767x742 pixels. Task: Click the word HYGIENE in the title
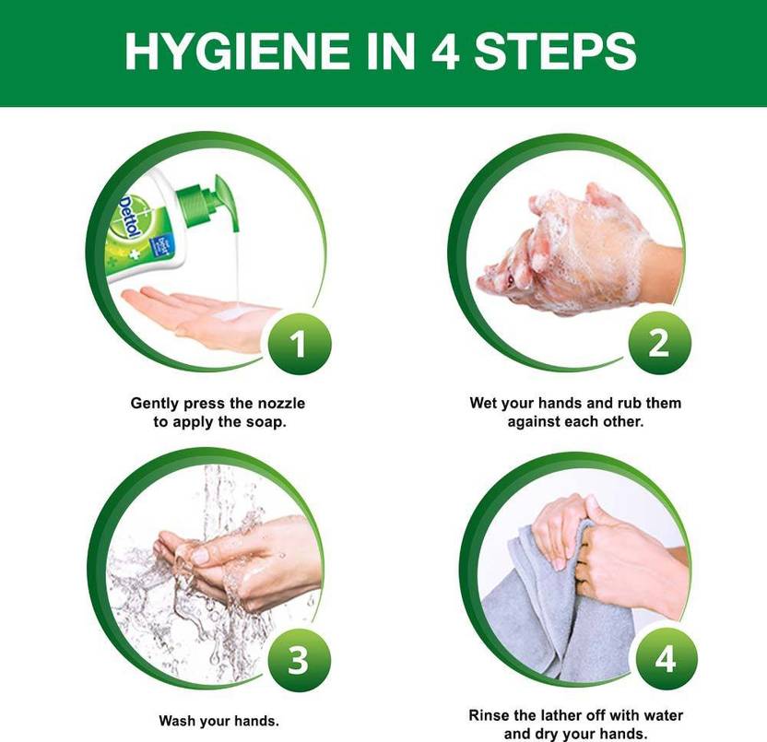coord(237,51)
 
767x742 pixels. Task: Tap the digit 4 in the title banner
coord(445,51)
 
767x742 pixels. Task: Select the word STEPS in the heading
coord(555,51)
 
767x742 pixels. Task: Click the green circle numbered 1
coord(300,344)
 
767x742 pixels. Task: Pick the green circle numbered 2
coord(659,343)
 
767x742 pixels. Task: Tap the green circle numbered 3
coord(299,660)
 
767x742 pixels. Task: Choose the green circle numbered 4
coord(666,659)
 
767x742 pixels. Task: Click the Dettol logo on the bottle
coord(131,218)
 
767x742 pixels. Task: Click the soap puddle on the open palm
coord(235,311)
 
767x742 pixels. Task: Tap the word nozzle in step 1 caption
coord(281,404)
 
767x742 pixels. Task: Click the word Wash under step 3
coord(176,721)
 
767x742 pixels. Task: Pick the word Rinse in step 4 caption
coord(486,715)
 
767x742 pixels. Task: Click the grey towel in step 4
coord(558,617)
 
